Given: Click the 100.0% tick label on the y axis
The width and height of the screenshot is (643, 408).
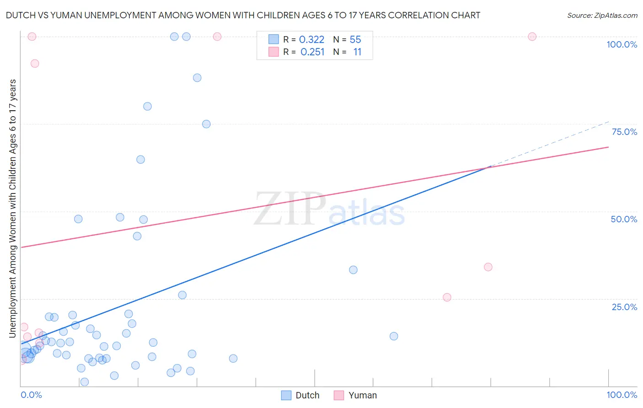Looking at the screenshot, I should coord(622,44).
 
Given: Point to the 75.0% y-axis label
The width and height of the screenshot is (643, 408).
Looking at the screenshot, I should coord(624,132).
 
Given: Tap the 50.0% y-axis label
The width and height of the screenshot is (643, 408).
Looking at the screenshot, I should coord(624,219).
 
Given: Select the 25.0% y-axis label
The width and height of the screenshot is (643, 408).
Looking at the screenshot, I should coord(624,307).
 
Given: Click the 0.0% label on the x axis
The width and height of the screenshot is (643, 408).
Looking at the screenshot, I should coord(31,395).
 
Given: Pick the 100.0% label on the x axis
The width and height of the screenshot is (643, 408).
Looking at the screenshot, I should coord(622,395).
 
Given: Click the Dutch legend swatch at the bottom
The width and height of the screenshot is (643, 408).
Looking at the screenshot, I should coord(286,395).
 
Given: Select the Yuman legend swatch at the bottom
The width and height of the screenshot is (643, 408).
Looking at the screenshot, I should coord(339,395).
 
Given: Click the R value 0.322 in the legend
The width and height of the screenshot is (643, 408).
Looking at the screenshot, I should coord(311,40).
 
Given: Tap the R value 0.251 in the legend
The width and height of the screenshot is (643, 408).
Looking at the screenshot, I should coord(312,52).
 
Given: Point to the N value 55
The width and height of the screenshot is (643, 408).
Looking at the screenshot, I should coord(355,40).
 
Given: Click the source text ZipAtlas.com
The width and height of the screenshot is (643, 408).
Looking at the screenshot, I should coord(602,16).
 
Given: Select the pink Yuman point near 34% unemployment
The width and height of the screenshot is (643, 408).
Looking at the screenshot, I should coord(488,267).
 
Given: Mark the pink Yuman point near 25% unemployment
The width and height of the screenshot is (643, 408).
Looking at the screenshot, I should coord(447,297).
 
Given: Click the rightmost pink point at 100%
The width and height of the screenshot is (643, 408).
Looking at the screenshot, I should coord(532,37).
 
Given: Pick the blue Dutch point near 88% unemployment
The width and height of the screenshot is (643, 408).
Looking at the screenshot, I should coord(197,78).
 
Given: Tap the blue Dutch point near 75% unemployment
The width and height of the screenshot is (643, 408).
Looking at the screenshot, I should coord(206,124).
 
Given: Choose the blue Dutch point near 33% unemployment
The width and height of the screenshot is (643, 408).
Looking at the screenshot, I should coord(353,270).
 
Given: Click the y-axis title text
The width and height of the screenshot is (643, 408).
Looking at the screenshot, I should coord(12,208).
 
